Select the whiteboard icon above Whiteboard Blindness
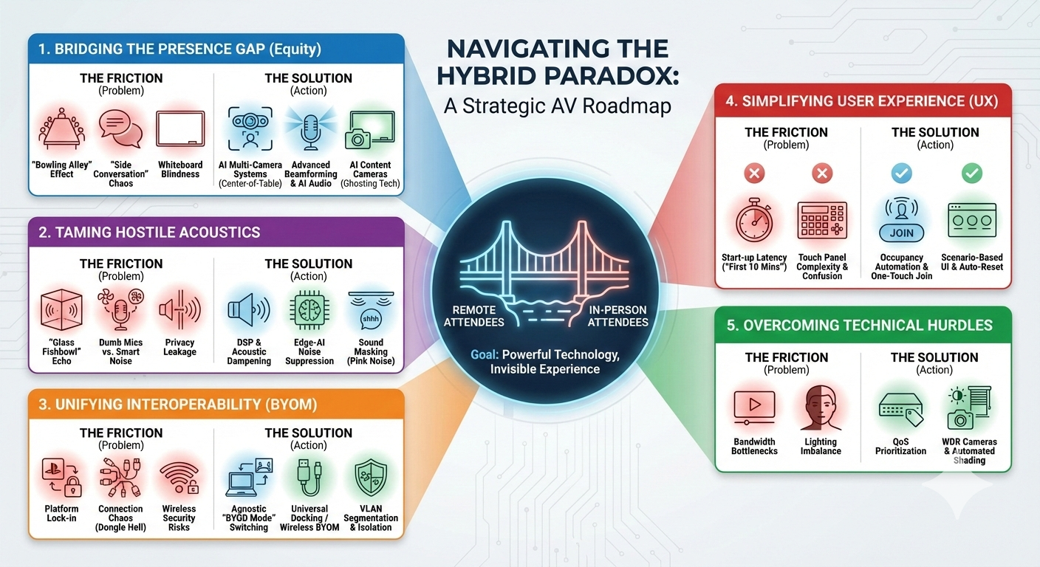[x=179, y=131]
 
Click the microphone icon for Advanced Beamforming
[x=310, y=131]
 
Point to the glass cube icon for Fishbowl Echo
[x=61, y=310]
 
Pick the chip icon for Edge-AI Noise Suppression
[x=309, y=310]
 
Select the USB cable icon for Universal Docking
[x=309, y=478]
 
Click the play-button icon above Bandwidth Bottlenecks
[x=754, y=407]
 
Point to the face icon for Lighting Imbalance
[x=821, y=407]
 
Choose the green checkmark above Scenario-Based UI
[x=971, y=173]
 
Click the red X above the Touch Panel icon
[x=821, y=173]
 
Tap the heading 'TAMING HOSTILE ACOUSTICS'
[x=150, y=233]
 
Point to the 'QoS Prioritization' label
[x=901, y=447]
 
